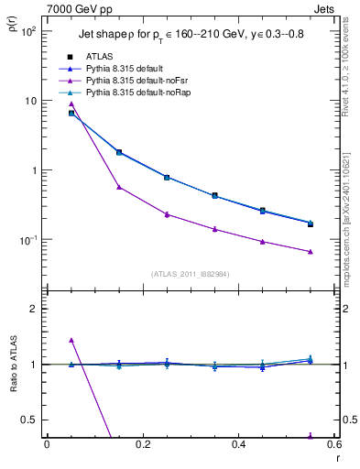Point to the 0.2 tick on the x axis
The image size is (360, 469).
pyautogui.click(x=142, y=445)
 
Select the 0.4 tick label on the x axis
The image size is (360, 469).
pyautogui.click(x=238, y=445)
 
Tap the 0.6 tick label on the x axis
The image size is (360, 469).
pyautogui.click(x=333, y=445)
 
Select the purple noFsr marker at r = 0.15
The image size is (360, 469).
pyautogui.click(x=119, y=187)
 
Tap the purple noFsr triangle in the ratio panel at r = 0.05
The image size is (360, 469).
pyautogui.click(x=71, y=340)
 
